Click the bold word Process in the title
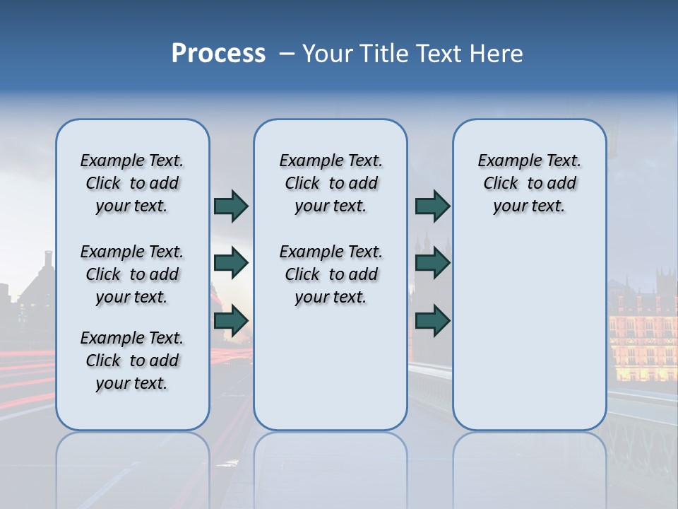click(218, 54)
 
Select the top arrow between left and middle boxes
click(231, 206)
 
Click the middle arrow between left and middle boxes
click(231, 263)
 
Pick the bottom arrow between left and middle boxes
click(231, 320)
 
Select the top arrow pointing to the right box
click(432, 206)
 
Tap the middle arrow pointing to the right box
click(432, 263)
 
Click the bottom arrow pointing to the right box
click(432, 320)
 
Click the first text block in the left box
click(132, 183)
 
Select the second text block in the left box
click(132, 274)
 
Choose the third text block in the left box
click(132, 361)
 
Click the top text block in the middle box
click(331, 183)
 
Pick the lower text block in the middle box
click(331, 274)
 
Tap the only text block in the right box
click(530, 183)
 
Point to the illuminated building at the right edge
click(643, 332)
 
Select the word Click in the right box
click(501, 184)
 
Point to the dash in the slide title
click(287, 54)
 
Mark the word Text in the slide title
click(434, 54)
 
